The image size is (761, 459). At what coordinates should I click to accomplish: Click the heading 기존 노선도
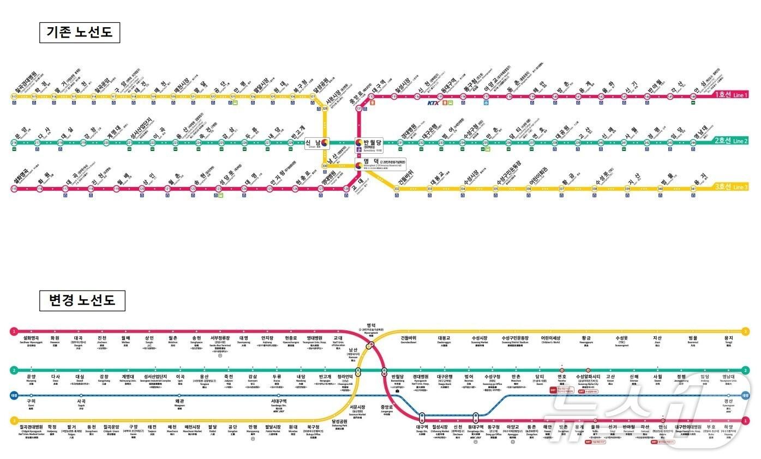coord(79,32)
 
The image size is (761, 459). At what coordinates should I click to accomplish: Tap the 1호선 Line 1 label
coord(731,95)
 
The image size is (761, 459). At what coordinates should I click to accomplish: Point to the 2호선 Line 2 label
coord(731,141)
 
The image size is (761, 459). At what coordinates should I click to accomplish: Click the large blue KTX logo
coord(434,102)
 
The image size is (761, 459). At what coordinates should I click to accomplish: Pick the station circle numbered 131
coord(359,108)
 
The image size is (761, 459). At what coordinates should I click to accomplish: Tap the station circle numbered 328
coord(325,108)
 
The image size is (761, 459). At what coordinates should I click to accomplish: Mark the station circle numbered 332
coord(397,189)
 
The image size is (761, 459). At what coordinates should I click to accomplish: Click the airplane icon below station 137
coord(486,102)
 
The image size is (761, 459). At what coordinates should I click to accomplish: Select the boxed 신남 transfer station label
coord(316,143)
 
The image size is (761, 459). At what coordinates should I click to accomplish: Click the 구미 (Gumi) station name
coord(31,402)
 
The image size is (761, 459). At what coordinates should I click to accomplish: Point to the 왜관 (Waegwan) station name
coord(179,402)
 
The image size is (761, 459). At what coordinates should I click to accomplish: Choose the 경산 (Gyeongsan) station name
coord(728,402)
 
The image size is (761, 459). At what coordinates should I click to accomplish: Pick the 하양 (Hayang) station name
coord(729,427)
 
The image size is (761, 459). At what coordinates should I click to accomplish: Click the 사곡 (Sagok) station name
coord(81,402)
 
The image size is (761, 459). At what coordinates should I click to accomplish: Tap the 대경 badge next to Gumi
coord(14,396)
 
